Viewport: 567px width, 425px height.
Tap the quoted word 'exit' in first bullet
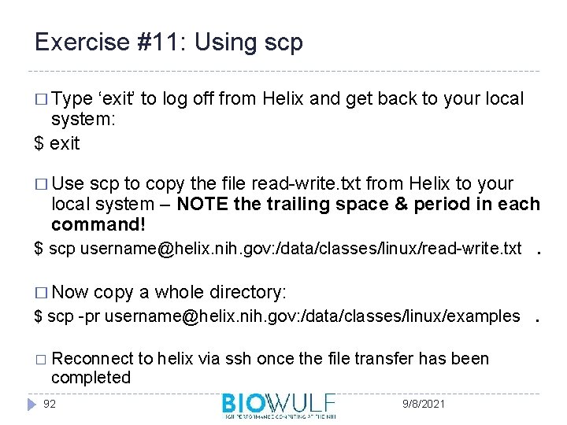[x=117, y=99]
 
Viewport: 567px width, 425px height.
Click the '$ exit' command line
[x=57, y=143]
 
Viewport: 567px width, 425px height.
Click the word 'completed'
[x=91, y=378]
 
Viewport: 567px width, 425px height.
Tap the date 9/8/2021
[x=422, y=404]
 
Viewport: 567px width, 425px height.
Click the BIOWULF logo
[x=279, y=405]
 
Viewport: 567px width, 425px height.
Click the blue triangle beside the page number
[x=31, y=405]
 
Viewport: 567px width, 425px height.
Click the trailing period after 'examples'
[x=536, y=319]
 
